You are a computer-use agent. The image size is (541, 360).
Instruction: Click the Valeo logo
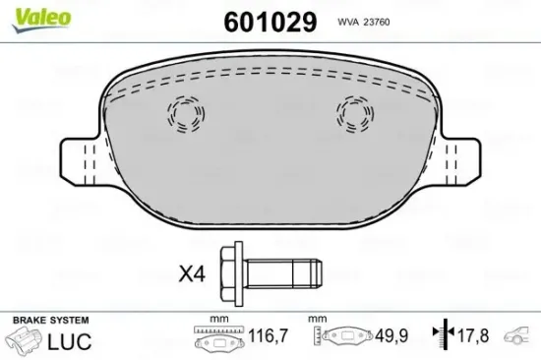coord(41,20)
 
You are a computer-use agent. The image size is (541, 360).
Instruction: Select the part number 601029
coord(270,22)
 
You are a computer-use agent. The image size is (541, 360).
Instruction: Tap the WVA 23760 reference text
coord(364,22)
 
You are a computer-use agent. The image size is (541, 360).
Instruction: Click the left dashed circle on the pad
coord(186,114)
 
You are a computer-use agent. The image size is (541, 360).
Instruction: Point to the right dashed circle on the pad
coord(355,114)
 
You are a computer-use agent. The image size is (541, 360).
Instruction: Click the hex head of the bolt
coord(231,273)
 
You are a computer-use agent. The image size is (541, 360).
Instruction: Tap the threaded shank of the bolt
coord(283,273)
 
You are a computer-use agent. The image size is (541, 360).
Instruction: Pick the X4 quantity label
coord(192,274)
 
